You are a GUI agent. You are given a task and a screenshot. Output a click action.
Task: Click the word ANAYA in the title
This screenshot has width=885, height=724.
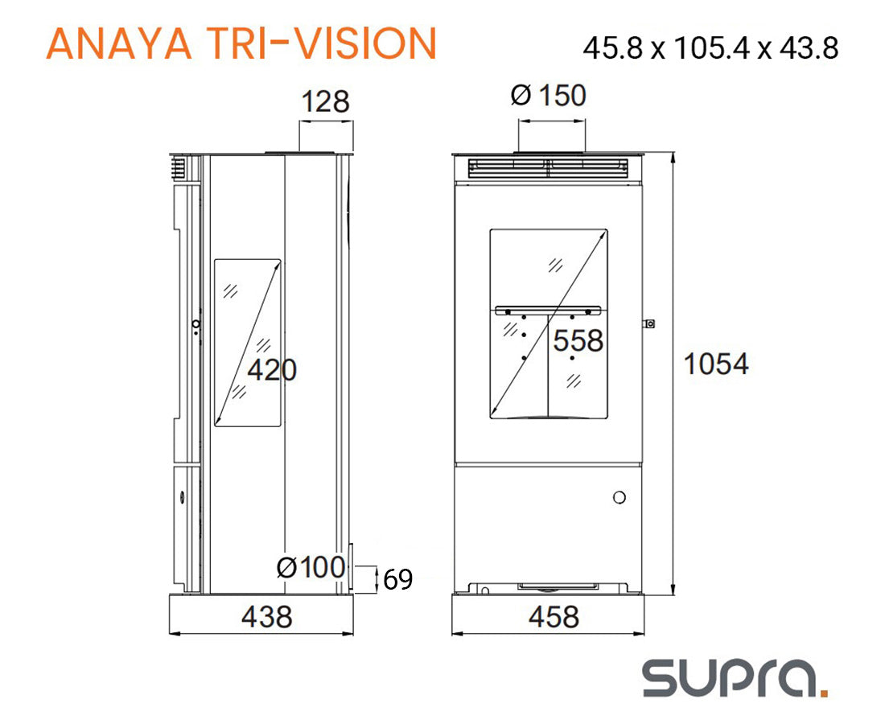point(120,43)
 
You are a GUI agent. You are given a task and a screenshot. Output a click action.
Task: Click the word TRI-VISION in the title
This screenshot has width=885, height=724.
point(322,43)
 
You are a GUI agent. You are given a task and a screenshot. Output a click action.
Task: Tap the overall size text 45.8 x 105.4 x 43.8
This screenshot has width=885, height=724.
point(710,48)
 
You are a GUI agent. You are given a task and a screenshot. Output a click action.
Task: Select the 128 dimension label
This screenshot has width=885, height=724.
point(326,102)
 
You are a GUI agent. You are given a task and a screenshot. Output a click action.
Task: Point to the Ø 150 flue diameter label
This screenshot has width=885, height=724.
point(549,95)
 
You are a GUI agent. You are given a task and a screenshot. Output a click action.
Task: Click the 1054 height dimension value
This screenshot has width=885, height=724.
point(716,364)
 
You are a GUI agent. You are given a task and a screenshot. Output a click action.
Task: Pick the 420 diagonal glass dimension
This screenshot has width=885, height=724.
point(272,370)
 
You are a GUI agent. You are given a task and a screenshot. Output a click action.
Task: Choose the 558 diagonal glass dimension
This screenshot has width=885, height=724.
point(578,341)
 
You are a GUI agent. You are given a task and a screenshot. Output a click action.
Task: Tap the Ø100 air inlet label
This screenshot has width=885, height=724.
point(311,567)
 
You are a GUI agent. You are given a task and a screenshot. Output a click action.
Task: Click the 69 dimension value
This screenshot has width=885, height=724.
point(398,579)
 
